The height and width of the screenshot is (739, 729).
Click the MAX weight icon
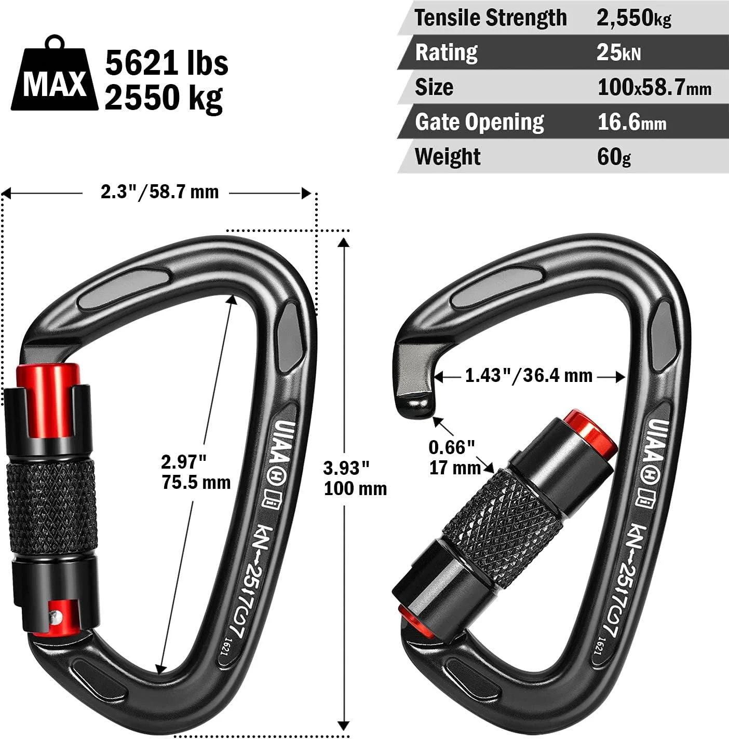[x=54, y=74]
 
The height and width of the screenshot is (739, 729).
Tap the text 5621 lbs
[x=167, y=63]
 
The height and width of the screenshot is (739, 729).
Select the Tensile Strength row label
[x=491, y=18]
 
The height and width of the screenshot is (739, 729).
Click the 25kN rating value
[x=618, y=52]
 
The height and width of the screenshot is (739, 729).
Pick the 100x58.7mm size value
[x=654, y=87]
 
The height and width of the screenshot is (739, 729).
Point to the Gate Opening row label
[x=479, y=122]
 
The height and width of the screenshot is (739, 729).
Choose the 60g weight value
[x=613, y=157]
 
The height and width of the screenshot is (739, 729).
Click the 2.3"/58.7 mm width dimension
[x=159, y=191]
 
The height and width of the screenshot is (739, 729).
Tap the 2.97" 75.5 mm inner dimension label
[x=196, y=472]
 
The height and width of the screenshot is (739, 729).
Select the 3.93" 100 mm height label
[x=355, y=478]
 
